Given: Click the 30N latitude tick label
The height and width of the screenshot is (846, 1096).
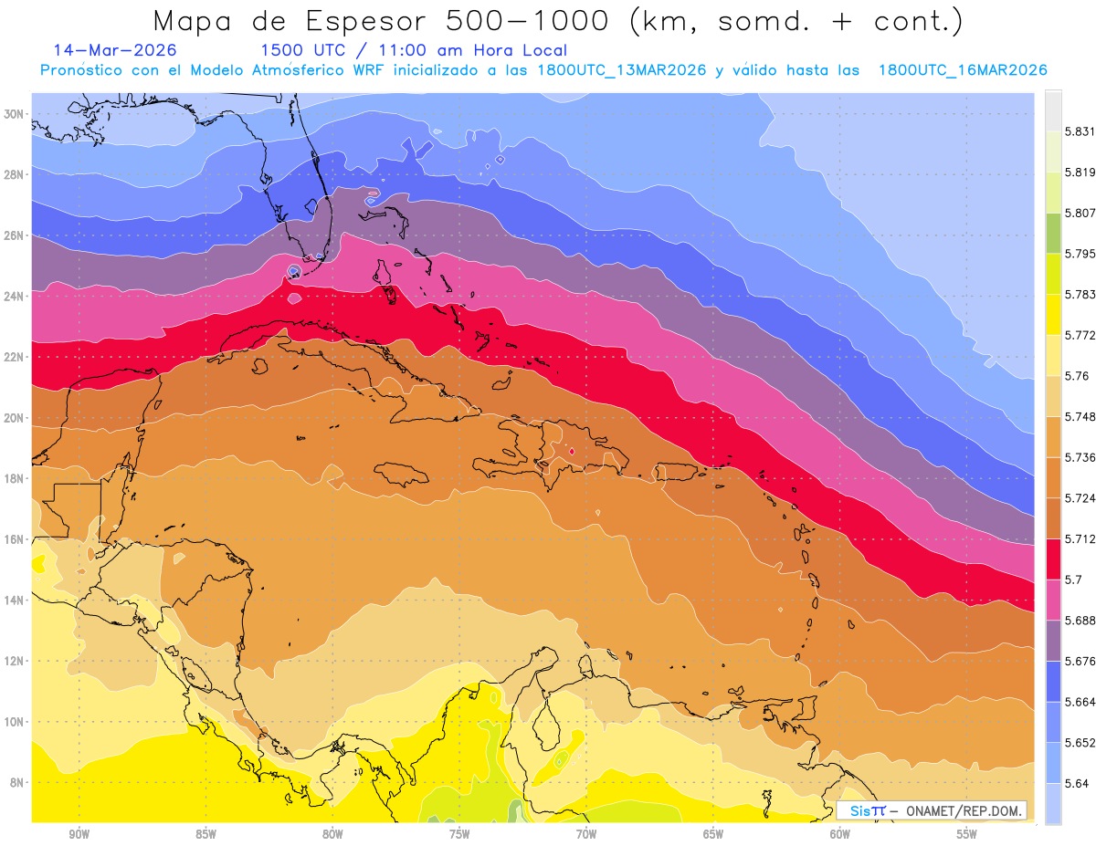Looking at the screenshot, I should point(15,114).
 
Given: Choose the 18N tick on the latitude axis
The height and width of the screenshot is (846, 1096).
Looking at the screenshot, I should point(15,478).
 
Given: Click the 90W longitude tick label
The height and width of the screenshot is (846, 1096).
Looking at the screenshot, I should point(79,834).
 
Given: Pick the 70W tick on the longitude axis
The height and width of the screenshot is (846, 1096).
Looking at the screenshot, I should point(586,834).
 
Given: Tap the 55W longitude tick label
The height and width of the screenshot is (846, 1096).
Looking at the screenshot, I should point(967,834).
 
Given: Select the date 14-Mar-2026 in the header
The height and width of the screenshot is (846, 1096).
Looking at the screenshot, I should point(115,50).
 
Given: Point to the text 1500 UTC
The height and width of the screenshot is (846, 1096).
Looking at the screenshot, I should point(302,50).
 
